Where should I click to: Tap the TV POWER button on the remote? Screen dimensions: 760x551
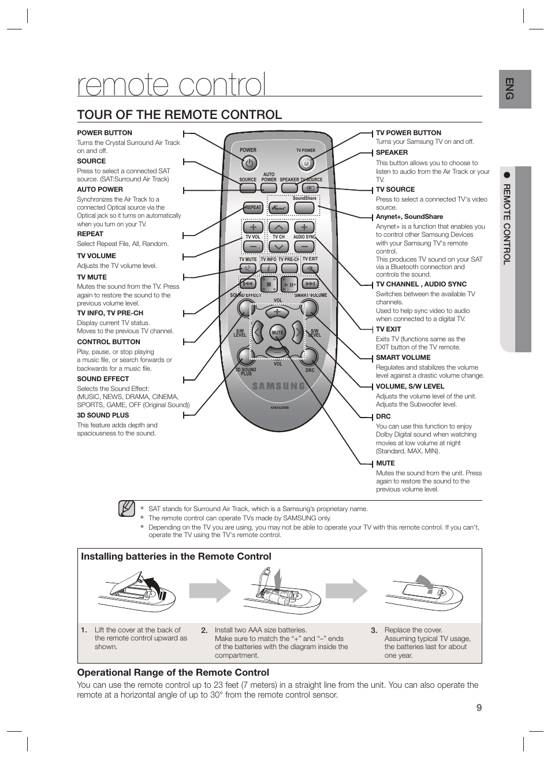point(306,163)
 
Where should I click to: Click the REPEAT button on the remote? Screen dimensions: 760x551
point(253,207)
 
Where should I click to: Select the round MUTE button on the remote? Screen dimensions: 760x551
point(278,333)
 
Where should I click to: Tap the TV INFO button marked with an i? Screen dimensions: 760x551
point(268,269)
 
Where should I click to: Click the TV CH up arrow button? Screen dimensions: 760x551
point(278,227)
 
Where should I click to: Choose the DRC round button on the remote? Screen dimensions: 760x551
point(310,357)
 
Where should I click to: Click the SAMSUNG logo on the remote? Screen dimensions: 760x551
point(278,386)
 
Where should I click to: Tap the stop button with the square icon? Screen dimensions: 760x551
point(269,284)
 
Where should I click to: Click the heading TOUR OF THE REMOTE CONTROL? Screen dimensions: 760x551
point(180,114)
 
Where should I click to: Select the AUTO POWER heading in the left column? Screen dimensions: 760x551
point(100,189)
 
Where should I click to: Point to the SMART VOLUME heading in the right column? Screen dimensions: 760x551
point(403,357)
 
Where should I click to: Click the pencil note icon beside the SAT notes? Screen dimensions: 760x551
point(126,508)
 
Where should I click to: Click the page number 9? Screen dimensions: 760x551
point(479,708)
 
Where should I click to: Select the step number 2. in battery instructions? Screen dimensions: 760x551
point(204,630)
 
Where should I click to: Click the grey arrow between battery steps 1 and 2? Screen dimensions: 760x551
point(210,591)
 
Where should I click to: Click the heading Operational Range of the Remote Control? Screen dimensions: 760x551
point(173,672)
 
